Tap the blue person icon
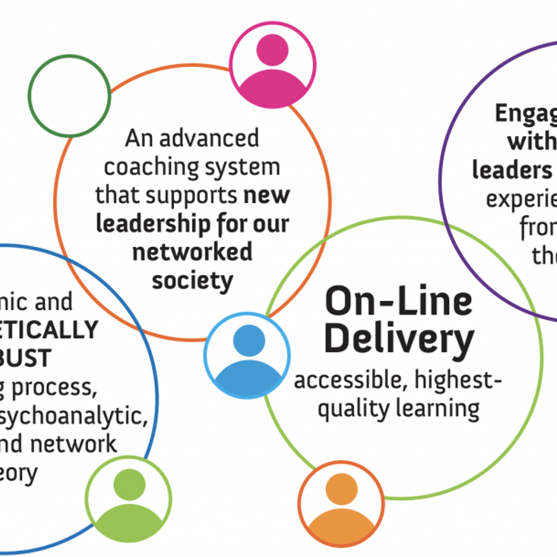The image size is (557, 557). point(247,356)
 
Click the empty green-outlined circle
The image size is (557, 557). point(69,97)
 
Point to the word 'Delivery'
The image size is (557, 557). point(399,339)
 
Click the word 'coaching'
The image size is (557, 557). point(152,166)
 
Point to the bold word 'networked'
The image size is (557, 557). point(192,252)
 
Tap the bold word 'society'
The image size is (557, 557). point(192,280)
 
